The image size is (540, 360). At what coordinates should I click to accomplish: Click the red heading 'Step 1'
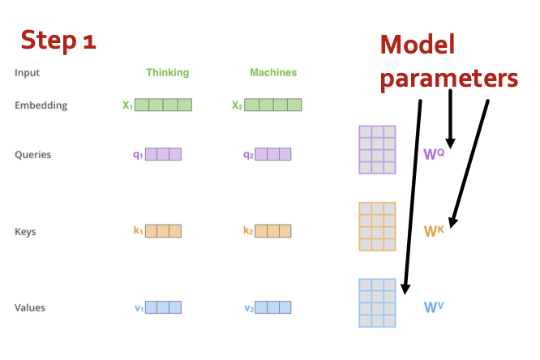(58, 40)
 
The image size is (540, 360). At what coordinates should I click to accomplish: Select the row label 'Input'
(27, 72)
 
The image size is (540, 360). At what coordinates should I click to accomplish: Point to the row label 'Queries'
(33, 154)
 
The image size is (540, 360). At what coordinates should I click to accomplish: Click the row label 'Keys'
(25, 232)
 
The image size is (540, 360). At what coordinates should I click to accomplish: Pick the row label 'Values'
(30, 307)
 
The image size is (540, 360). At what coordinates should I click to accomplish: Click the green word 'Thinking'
(167, 72)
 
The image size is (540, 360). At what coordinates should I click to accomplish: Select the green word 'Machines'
(273, 72)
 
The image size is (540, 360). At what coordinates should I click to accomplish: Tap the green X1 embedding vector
(163, 105)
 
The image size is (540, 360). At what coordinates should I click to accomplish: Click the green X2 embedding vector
(272, 105)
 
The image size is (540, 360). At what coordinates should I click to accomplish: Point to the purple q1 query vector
(163, 154)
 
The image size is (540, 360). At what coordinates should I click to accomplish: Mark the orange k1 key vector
(163, 231)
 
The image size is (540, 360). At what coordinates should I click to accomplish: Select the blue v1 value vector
(163, 307)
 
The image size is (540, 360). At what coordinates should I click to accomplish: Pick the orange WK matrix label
(435, 230)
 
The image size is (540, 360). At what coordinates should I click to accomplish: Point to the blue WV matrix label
(434, 307)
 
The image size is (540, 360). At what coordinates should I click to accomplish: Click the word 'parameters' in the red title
(449, 78)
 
